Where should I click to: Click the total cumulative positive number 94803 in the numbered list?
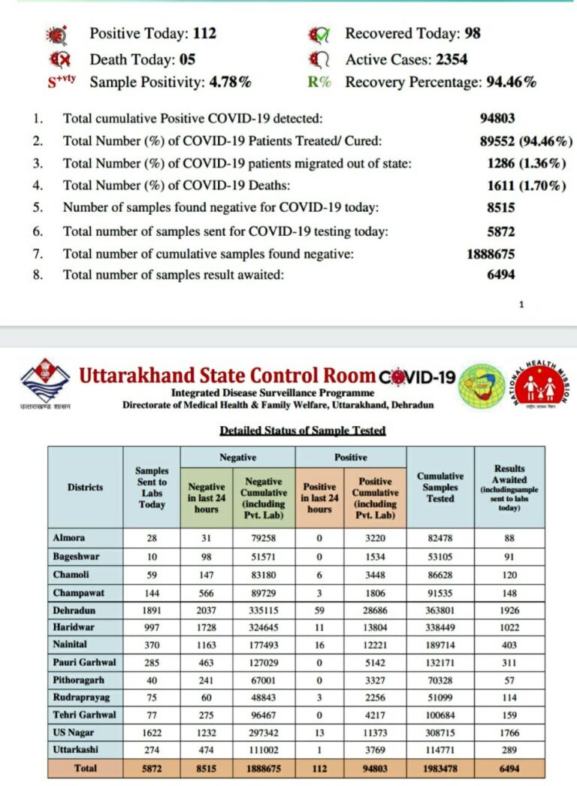pyautogui.click(x=498, y=117)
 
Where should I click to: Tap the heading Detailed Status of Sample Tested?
pyautogui.click(x=302, y=431)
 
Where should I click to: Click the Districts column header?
pyautogui.click(x=85, y=487)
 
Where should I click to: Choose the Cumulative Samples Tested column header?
pyautogui.click(x=440, y=487)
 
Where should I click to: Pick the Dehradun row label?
pyautogui.click(x=74, y=610)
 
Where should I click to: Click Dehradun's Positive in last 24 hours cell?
pyautogui.click(x=319, y=610)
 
